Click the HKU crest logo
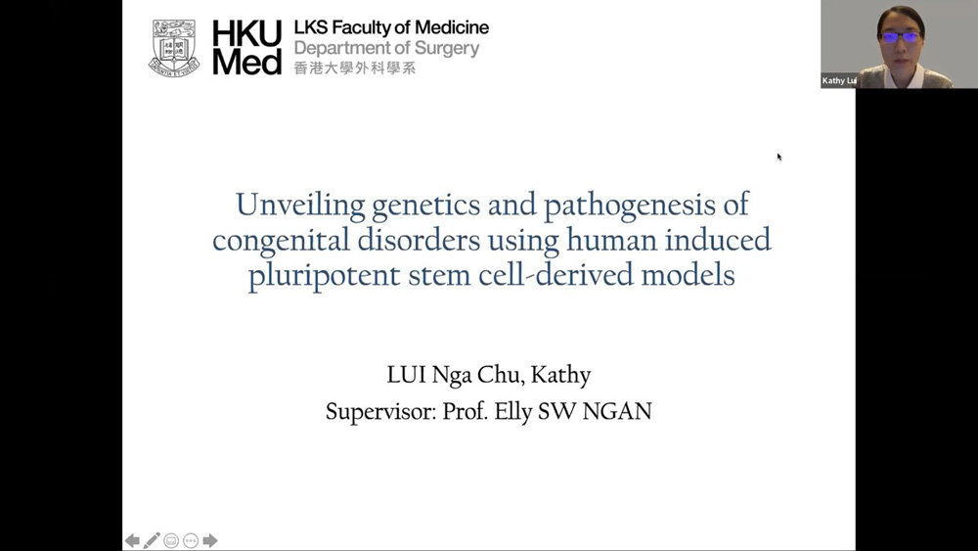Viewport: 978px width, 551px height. pos(174,48)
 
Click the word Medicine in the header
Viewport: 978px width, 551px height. pos(452,27)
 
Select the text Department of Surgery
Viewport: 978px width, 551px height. pos(386,48)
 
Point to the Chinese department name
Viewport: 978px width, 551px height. pos(354,68)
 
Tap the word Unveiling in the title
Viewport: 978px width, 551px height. pos(300,205)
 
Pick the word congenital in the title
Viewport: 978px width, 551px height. pos(281,241)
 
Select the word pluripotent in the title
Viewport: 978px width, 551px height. pos(324,276)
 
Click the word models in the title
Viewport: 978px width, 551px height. pos(688,275)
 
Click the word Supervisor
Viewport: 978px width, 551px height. pos(380,412)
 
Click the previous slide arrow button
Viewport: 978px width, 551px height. pos(132,540)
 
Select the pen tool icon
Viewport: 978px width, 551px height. pos(152,540)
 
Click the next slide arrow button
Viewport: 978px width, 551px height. pos(210,540)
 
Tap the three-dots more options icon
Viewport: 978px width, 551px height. pos(191,540)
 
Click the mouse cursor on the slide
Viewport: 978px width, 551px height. pos(779,157)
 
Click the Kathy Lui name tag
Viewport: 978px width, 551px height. pos(839,80)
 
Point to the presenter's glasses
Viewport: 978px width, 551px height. pos(902,37)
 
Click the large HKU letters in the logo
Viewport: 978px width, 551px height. pos(247,32)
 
